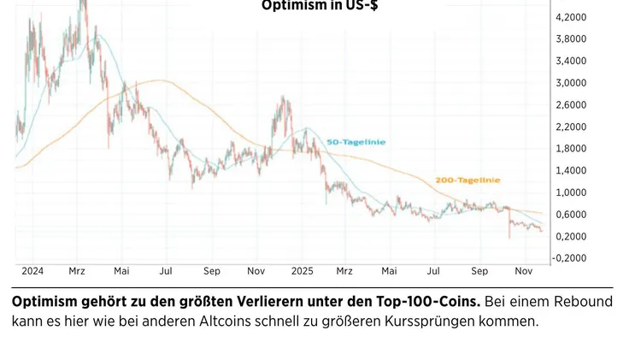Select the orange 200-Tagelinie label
click(x=467, y=180)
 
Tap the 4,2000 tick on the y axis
click(x=571, y=17)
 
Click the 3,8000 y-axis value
click(x=571, y=39)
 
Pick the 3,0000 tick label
click(x=571, y=83)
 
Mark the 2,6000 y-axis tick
click(x=571, y=105)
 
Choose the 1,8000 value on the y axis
click(x=571, y=149)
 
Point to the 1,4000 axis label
click(x=571, y=171)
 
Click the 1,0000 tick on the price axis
click(x=571, y=192)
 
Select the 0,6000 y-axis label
click(x=571, y=215)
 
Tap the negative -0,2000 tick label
click(x=569, y=258)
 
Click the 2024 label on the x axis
click(x=32, y=271)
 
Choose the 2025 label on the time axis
click(x=303, y=271)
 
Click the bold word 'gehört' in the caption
click(x=109, y=303)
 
